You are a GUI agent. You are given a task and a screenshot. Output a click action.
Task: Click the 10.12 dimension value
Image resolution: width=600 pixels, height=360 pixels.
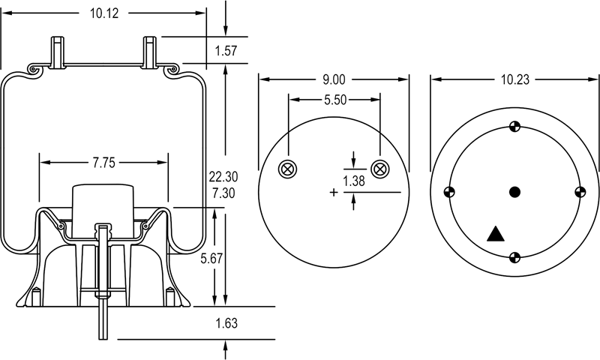tap(105, 13)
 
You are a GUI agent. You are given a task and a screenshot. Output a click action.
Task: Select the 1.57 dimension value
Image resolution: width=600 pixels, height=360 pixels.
tap(226, 51)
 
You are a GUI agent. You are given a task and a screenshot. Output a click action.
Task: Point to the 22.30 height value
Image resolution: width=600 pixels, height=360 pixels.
tap(223, 177)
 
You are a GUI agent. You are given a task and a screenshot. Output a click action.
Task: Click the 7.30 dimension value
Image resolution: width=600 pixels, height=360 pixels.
tap(223, 193)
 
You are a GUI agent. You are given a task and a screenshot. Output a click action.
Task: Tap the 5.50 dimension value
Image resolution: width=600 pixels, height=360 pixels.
tap(334, 100)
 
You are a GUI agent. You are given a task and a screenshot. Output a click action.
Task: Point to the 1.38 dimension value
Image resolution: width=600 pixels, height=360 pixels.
tap(355, 181)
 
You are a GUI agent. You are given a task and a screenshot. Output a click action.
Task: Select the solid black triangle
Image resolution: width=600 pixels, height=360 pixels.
tap(495, 234)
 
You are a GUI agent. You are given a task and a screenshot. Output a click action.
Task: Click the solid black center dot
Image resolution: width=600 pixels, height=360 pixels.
tap(514, 192)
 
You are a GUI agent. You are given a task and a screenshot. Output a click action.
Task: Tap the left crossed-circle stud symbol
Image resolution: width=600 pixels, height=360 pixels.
tap(286, 169)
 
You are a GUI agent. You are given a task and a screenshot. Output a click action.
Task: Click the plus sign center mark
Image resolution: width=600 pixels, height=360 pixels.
tap(334, 193)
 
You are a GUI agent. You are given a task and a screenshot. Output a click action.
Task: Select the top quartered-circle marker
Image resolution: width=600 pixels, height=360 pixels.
tap(514, 127)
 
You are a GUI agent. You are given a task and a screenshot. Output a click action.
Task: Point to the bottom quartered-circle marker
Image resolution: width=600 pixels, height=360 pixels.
tap(514, 258)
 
